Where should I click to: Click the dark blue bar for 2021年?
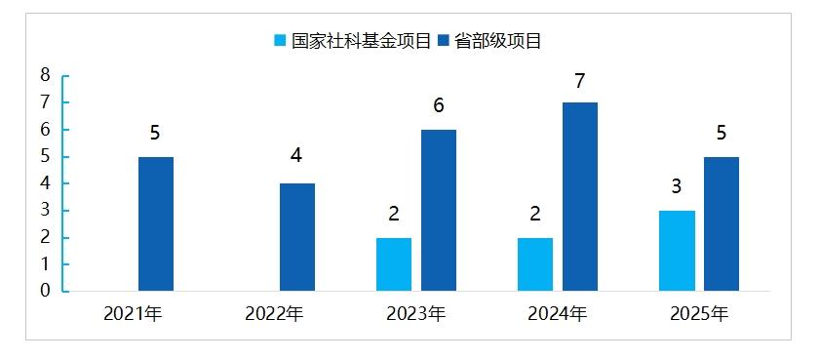(156, 223)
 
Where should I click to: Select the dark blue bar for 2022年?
(297, 237)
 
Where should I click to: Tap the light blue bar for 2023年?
(394, 263)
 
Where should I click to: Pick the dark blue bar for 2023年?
(439, 210)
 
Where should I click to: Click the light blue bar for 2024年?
(535, 263)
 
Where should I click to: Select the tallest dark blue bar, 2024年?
(580, 196)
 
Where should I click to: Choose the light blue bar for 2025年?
(677, 250)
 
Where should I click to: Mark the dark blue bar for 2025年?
(722, 223)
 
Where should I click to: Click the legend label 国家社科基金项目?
(360, 40)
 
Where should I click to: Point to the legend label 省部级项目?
(498, 40)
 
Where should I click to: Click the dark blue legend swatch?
(445, 40)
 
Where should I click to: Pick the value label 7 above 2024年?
(580, 80)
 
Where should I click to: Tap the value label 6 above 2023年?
(439, 106)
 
